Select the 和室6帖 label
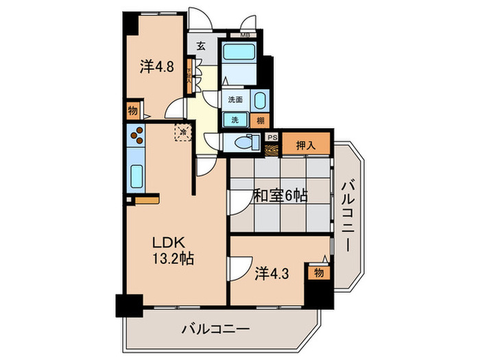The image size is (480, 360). pos(280,196)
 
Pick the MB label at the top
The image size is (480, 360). pos(245,34)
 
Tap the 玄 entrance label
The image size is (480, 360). pos(201,47)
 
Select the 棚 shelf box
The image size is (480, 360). pos(260,119)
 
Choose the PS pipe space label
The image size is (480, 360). pos(272,136)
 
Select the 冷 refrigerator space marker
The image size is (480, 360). pos(183,130)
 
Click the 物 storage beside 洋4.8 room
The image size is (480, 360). pos(132,110)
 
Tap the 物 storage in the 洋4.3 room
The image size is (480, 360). pos(318,272)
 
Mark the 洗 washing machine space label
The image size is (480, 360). pos(235,119)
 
